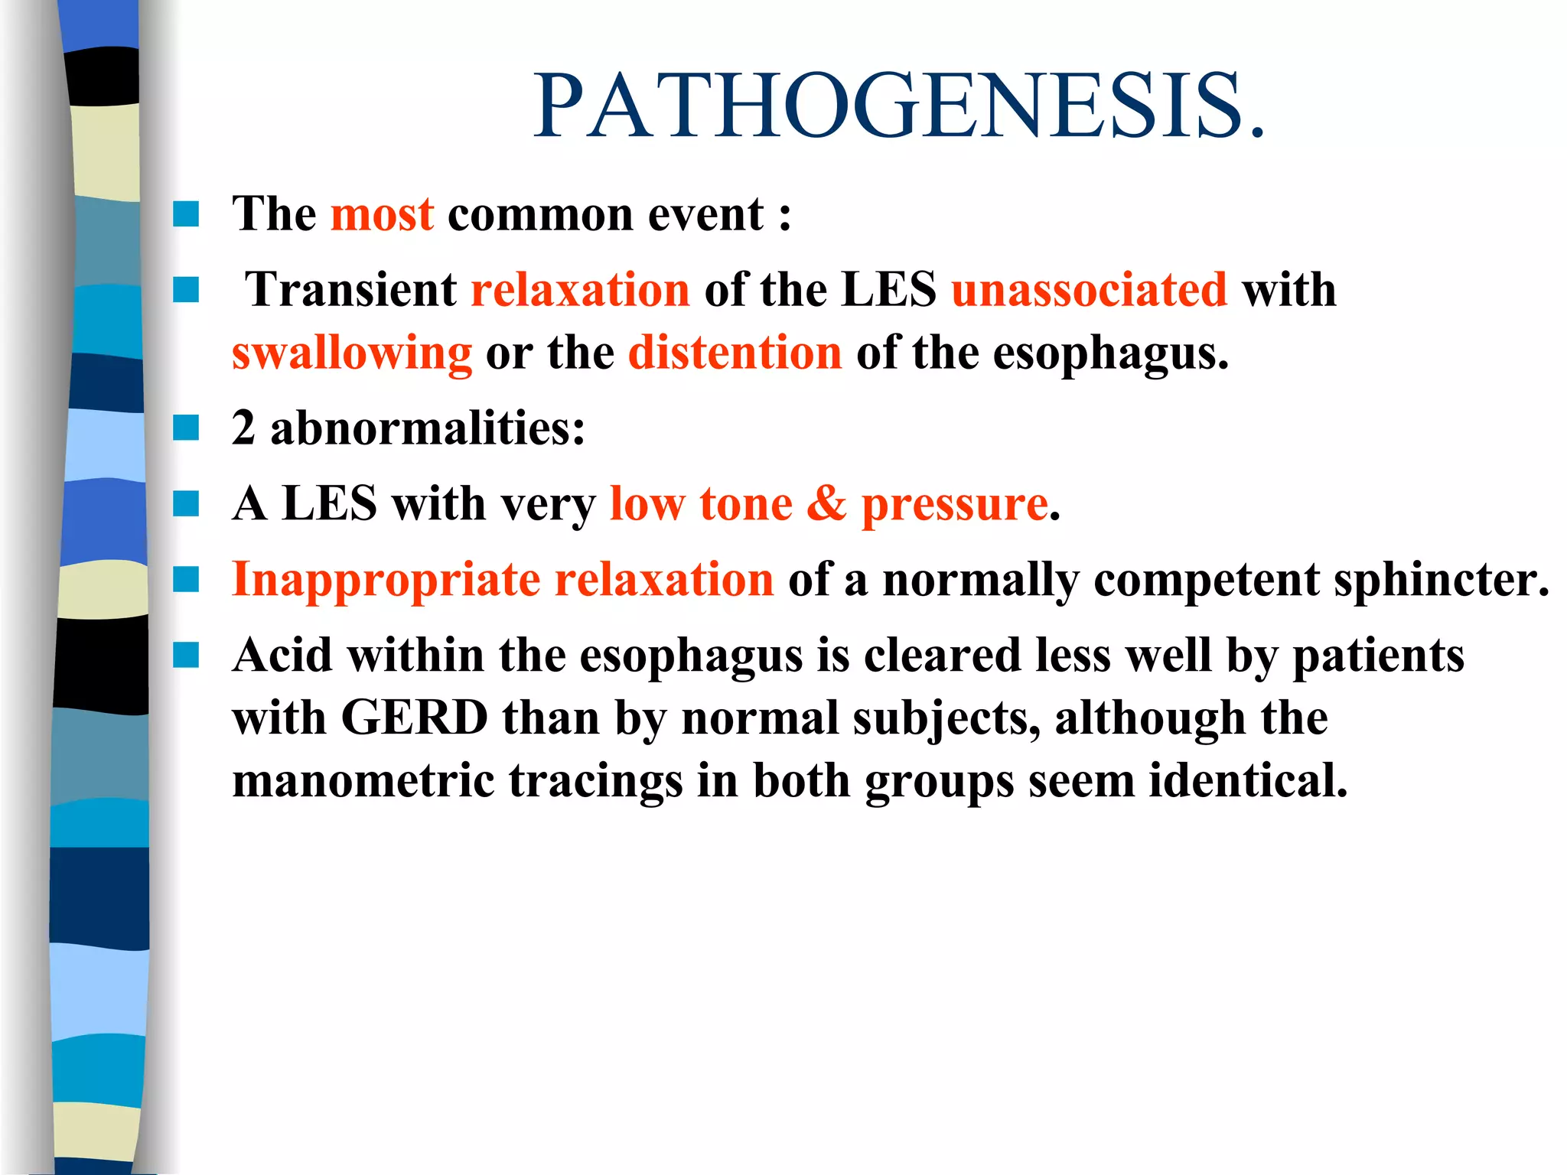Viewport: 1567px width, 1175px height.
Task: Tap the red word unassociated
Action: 1089,290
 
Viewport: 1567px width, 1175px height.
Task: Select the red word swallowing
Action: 352,353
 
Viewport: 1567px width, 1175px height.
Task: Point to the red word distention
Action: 735,353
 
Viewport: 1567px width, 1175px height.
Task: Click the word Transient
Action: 351,290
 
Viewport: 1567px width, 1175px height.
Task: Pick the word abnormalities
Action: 427,428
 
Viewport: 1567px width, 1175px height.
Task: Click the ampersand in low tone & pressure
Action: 826,504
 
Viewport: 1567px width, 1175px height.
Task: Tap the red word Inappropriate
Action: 386,580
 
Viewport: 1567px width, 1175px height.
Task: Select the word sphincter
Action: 1441,580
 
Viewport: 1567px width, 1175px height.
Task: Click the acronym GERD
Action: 414,718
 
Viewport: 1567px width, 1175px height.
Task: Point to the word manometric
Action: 363,781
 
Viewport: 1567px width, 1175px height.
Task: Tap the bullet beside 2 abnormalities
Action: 186,428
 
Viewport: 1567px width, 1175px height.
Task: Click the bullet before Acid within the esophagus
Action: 186,656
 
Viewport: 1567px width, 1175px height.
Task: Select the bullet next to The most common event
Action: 186,214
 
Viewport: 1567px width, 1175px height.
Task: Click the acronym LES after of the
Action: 888,290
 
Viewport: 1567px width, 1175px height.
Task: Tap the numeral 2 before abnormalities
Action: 244,428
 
